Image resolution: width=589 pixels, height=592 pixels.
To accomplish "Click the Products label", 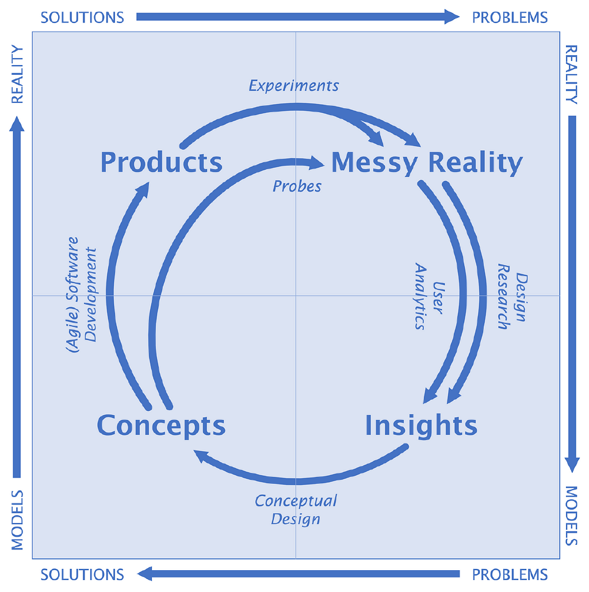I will pos(161,162).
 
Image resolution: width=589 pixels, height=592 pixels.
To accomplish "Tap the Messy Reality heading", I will pos(427,163).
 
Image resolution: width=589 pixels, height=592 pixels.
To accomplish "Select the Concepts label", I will pos(161,426).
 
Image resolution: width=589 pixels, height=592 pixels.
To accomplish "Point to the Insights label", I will pos(421,426).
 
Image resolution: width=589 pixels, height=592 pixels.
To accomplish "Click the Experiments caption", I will pos(294,86).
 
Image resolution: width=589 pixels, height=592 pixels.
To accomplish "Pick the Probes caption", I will pos(297,186).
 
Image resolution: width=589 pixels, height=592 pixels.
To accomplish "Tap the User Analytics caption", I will pos(429,296).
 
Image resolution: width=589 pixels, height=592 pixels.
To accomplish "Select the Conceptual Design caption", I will pos(296,509).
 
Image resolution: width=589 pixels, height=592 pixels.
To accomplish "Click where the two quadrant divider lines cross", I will pos(296,296).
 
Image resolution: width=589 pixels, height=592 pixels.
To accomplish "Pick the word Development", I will pos(92,295).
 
